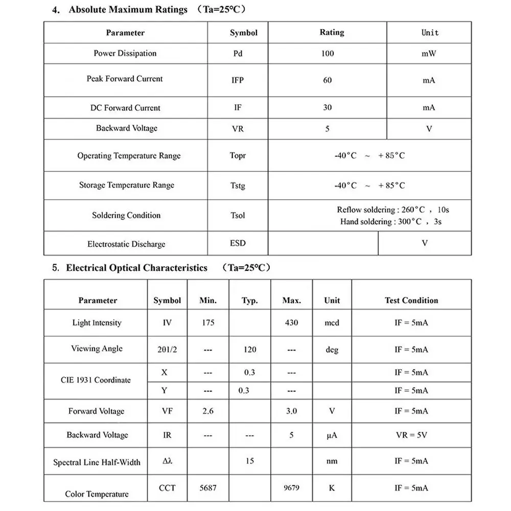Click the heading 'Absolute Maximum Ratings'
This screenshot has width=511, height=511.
coord(128,10)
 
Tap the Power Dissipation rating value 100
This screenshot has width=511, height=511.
coord(328,54)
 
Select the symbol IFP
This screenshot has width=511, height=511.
coord(238,80)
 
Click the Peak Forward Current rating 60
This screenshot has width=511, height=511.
coord(328,80)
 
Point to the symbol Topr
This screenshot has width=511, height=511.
coord(238,156)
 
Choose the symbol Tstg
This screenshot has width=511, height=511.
coord(238,185)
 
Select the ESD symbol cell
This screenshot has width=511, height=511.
coord(238,243)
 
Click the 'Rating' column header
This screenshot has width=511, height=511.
coord(332,33)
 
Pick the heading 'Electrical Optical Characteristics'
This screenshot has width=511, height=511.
coord(136,268)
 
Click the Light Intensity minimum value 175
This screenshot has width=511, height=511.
coord(208,323)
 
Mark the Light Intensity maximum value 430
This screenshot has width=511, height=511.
coord(291,323)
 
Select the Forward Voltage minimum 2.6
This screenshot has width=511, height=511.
coord(208,411)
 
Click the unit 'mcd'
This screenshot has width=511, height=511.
coord(332,323)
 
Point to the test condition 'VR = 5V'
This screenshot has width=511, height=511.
coord(411,435)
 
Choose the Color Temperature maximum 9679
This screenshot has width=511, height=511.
coord(291,488)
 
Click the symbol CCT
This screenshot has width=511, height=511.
coord(167,488)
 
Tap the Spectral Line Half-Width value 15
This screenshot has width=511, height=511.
coord(249,461)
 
